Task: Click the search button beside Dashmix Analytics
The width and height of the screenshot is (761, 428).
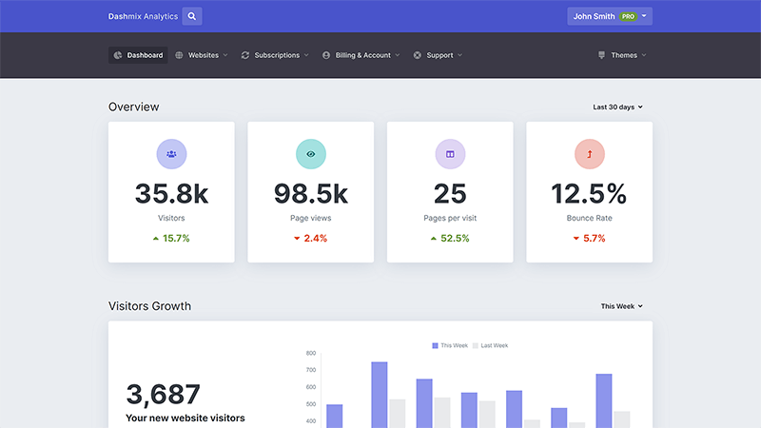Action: click(x=192, y=16)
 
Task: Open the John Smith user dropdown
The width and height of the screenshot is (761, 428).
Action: click(x=609, y=16)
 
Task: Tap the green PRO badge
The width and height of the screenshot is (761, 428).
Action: click(x=628, y=17)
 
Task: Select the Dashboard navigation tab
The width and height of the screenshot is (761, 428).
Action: click(x=138, y=55)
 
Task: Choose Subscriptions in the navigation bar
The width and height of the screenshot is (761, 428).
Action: click(x=276, y=55)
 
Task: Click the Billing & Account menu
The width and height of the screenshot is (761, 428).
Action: click(x=361, y=55)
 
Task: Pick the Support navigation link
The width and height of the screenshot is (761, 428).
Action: click(x=439, y=55)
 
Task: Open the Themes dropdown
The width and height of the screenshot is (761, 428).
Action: click(x=622, y=55)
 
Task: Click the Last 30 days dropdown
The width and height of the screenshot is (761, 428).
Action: click(x=617, y=107)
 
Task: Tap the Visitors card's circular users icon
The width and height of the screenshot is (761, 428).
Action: click(x=171, y=153)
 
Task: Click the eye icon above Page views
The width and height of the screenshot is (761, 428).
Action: click(x=310, y=153)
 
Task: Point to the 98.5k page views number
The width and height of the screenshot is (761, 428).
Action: click(x=310, y=194)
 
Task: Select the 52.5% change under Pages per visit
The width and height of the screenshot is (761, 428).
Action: click(x=450, y=238)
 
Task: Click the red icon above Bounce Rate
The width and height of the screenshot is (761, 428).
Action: click(x=589, y=153)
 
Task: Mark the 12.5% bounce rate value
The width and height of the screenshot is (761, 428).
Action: click(x=589, y=194)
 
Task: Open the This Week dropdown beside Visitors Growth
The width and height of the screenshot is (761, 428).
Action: click(x=621, y=306)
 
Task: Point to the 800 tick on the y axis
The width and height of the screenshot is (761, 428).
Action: click(x=311, y=353)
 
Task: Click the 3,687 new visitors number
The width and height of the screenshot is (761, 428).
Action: click(x=163, y=394)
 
